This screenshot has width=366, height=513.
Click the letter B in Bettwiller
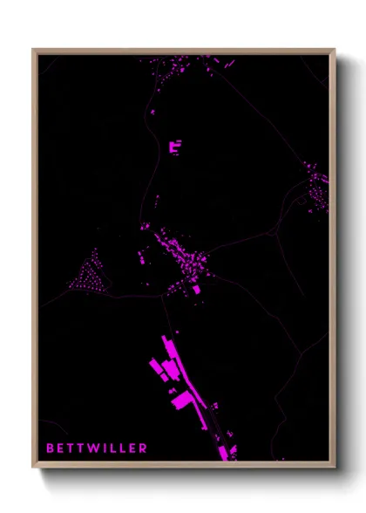point(50,448)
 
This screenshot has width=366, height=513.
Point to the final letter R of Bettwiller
point(144,448)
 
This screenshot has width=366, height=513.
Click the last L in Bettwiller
point(123,448)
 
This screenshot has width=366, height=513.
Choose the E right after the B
point(61,448)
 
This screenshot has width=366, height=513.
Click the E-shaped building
point(176,147)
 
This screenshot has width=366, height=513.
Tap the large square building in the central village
point(197,289)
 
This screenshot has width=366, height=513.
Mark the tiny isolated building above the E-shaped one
point(152,112)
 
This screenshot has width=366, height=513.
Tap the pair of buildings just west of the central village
point(142,256)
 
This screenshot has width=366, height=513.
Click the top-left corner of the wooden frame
point(33,50)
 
